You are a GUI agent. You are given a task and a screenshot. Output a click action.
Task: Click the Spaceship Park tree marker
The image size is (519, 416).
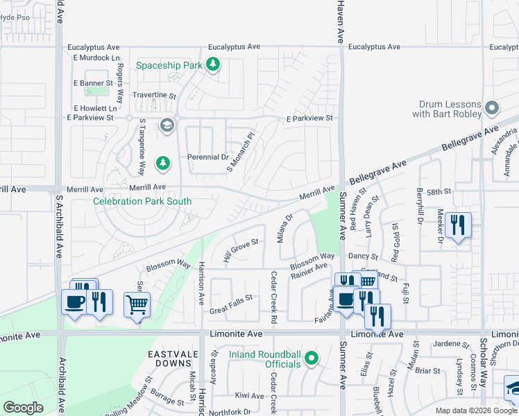click(x=213, y=66)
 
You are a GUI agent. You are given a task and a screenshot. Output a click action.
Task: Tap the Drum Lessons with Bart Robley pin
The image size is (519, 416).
click(x=492, y=107)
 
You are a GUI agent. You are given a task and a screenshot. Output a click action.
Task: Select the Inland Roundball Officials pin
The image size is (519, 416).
click(x=312, y=358)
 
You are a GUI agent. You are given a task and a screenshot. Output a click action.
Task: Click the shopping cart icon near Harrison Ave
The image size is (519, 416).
click(x=137, y=304)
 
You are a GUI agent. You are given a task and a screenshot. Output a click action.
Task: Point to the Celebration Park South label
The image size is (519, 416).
click(x=142, y=202)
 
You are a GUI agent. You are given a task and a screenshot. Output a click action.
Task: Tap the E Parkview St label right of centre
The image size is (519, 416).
click(x=310, y=119)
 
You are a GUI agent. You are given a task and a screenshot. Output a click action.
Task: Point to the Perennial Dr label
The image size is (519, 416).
click(x=208, y=157)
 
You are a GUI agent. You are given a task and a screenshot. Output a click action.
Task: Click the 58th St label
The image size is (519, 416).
click(x=439, y=191)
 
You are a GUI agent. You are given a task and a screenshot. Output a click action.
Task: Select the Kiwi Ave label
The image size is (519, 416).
click(x=250, y=396)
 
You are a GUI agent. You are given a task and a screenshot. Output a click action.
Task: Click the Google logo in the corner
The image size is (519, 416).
click(x=24, y=407)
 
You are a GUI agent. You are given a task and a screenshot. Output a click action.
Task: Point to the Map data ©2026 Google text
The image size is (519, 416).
click(x=475, y=410)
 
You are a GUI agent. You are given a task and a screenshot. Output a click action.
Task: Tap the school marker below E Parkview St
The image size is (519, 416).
click(x=167, y=125)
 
